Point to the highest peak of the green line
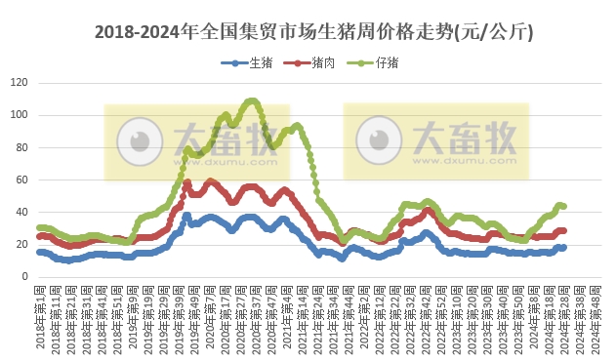coord(252,100)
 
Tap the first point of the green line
coord(38,227)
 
